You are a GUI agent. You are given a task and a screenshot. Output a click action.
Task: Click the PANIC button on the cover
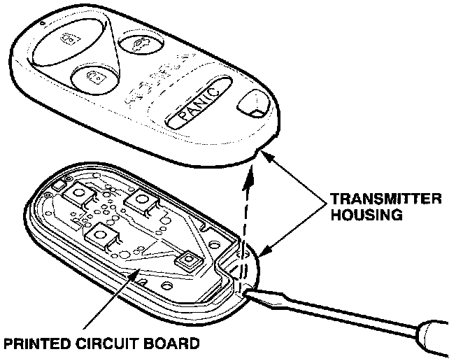pos(198,106)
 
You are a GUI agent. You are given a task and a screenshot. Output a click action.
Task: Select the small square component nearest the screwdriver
pos(187,261)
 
